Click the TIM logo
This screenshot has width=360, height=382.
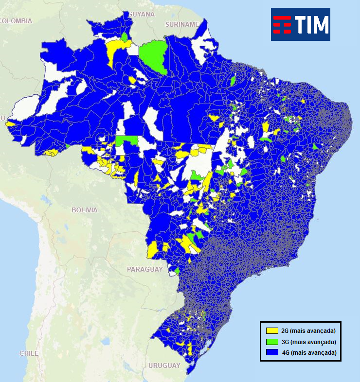[x=300, y=24]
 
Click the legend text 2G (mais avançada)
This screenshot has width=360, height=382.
[x=308, y=331]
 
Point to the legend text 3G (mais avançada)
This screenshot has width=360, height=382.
[x=308, y=342]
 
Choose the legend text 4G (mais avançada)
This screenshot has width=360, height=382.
[x=308, y=352]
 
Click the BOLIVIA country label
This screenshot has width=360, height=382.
[x=84, y=210]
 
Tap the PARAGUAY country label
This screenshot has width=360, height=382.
[x=144, y=269]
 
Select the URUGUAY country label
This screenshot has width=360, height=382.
[x=164, y=365]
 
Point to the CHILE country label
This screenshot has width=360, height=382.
[x=29, y=353]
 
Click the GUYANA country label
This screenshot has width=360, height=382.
[x=142, y=14]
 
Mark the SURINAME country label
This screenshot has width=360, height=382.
[x=182, y=24]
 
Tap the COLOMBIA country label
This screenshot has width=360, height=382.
[x=16, y=21]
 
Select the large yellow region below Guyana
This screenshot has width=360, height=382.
[x=115, y=50]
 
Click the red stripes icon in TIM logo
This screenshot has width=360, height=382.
[x=282, y=24]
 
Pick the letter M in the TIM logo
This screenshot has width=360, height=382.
[x=319, y=24]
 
